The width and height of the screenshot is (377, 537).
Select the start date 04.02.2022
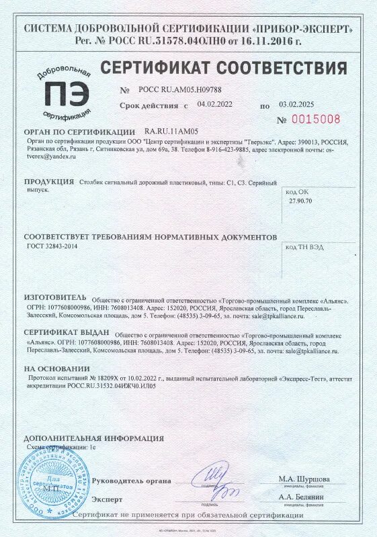click(x=215, y=104)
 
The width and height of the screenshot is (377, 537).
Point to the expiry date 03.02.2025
click(x=296, y=105)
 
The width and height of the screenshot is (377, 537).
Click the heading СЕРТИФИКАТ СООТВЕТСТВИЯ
click(x=223, y=68)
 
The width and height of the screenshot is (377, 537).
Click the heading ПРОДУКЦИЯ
click(x=49, y=182)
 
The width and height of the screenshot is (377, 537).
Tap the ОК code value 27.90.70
click(x=300, y=201)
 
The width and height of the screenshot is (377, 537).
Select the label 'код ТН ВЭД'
click(x=304, y=247)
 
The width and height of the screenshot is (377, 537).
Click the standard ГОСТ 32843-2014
click(x=48, y=247)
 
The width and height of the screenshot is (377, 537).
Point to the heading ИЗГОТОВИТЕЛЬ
click(x=55, y=297)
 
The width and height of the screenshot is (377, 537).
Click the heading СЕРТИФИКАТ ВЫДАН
click(x=67, y=332)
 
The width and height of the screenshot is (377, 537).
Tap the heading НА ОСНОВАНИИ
click(x=56, y=369)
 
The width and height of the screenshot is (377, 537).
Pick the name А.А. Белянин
click(x=302, y=497)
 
